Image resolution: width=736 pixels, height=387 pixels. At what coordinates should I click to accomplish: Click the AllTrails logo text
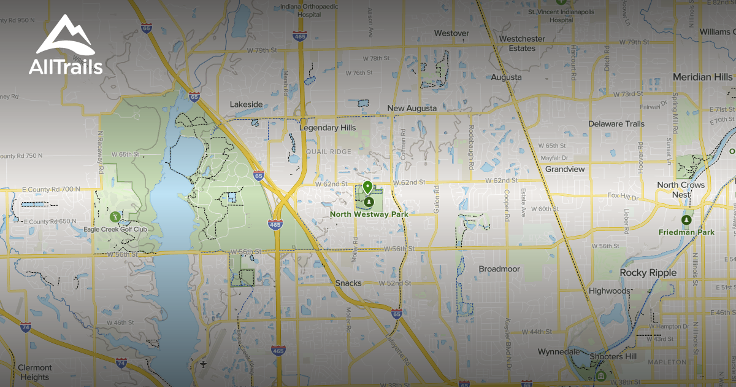tap(66, 67)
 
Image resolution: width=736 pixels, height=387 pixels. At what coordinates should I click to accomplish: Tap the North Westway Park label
tap(369, 214)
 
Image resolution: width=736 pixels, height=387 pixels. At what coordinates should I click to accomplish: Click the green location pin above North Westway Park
tap(367, 187)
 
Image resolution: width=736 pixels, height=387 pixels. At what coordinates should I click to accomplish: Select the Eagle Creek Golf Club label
tap(115, 230)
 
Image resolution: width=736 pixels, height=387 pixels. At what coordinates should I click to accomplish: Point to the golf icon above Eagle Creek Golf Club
tap(115, 216)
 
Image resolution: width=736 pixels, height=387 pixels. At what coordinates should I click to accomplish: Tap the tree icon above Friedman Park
tap(687, 220)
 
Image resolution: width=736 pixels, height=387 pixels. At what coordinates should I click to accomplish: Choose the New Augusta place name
tap(412, 109)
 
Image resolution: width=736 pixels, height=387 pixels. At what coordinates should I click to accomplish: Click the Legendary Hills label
tap(327, 128)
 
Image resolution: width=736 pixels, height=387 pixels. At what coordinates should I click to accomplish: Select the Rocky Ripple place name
tap(648, 273)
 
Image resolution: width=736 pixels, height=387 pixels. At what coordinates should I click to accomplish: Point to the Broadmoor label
tap(499, 269)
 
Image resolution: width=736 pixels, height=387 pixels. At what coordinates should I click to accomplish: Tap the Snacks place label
tap(348, 283)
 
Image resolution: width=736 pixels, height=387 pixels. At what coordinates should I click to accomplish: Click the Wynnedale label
tap(558, 352)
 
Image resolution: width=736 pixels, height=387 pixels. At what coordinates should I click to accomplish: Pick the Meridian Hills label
tap(702, 77)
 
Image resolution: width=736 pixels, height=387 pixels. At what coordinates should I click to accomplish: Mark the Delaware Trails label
tap(616, 124)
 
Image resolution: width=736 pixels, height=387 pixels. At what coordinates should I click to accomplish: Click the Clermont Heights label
tap(35, 372)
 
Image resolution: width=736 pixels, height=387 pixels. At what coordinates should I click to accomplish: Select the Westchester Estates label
tap(522, 43)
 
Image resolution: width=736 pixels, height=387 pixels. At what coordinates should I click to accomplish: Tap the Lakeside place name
tap(246, 104)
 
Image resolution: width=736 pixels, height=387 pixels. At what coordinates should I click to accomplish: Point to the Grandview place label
tap(565, 169)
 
